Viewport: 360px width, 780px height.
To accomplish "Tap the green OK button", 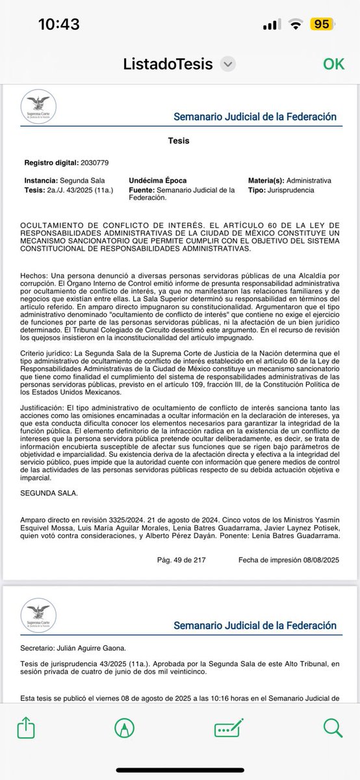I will coord(333,64).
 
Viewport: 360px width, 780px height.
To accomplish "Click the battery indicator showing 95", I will coord(320,25).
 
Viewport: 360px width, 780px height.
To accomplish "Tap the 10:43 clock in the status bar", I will coord(58,25).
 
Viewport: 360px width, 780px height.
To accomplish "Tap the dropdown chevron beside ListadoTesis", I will coord(227,64).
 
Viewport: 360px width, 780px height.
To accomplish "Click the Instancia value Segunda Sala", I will coord(83,180).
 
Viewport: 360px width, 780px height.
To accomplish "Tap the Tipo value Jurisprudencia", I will coord(292,190).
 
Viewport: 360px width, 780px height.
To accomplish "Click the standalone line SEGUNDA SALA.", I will coord(49,493).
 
